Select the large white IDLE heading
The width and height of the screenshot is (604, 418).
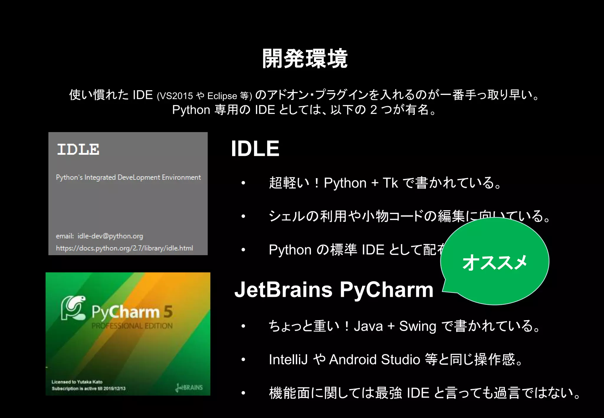255,149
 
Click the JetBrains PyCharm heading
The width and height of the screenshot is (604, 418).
334,289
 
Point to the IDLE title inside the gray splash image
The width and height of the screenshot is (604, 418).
78,149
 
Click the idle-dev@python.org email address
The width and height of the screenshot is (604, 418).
110,236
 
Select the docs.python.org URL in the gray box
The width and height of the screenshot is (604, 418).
124,248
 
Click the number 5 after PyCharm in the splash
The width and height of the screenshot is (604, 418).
168,312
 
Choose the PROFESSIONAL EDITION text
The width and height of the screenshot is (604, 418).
132,326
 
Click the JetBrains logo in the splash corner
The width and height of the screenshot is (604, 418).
189,387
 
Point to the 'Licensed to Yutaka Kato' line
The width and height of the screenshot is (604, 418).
77,382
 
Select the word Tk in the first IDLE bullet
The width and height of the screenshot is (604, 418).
390,183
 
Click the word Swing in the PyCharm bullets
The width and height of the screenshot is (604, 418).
418,326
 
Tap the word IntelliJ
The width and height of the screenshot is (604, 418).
288,360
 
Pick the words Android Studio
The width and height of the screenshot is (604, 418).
374,360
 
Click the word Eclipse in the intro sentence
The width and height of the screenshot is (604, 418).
222,96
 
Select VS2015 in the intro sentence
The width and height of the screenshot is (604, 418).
176,96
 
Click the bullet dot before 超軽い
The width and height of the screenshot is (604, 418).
243,183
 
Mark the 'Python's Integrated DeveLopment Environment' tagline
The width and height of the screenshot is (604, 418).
128,177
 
